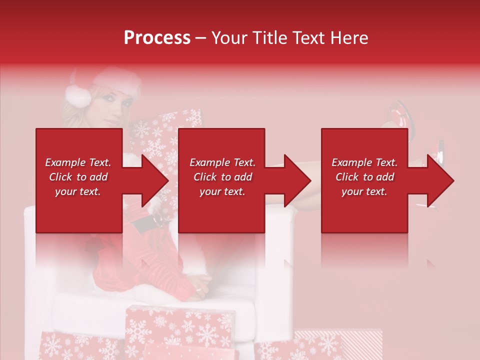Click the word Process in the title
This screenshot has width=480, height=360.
tap(157, 38)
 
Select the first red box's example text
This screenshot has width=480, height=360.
tap(78, 177)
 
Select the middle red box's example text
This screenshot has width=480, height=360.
tap(222, 177)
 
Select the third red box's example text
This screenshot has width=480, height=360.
tap(364, 177)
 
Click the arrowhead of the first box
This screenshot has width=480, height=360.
tap(155, 180)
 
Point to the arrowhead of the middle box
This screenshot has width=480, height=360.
tap(297, 180)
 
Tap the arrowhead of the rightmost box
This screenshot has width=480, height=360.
tap(440, 180)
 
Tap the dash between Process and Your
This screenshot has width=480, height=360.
tap(201, 38)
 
